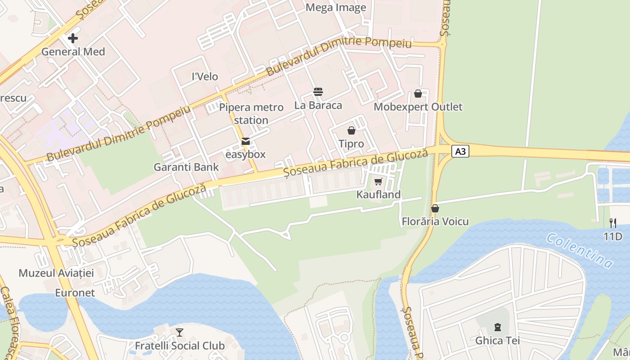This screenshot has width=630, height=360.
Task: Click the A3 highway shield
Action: coord(460,151)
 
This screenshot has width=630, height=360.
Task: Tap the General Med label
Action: coord(73,52)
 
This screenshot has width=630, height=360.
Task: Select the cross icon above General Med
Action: coord(73,38)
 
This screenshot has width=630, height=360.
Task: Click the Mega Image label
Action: coord(336,8)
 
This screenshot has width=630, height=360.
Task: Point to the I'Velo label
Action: coord(205,76)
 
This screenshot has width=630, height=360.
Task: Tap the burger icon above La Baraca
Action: coord(318,92)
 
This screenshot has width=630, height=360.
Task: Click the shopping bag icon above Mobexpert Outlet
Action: coord(418,94)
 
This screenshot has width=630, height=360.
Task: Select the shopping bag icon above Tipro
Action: coord(351,130)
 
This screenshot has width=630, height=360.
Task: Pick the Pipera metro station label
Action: coord(251,114)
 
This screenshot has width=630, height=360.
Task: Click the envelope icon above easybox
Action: coord(246,141)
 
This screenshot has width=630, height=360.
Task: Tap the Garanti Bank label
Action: coord(186,167)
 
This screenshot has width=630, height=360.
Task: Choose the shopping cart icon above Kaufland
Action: coord(378,181)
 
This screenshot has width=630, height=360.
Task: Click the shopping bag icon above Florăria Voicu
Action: coord(435,208)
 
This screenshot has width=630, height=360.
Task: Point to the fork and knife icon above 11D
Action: coord(612,222)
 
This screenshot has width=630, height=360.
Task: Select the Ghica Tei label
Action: coord(497,341)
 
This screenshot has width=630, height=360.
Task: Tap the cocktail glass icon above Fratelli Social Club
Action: coord(180,333)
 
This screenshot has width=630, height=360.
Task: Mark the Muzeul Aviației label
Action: coord(56,273)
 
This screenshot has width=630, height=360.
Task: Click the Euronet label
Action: coord(75,293)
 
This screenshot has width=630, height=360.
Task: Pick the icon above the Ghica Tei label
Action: coord(497,327)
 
